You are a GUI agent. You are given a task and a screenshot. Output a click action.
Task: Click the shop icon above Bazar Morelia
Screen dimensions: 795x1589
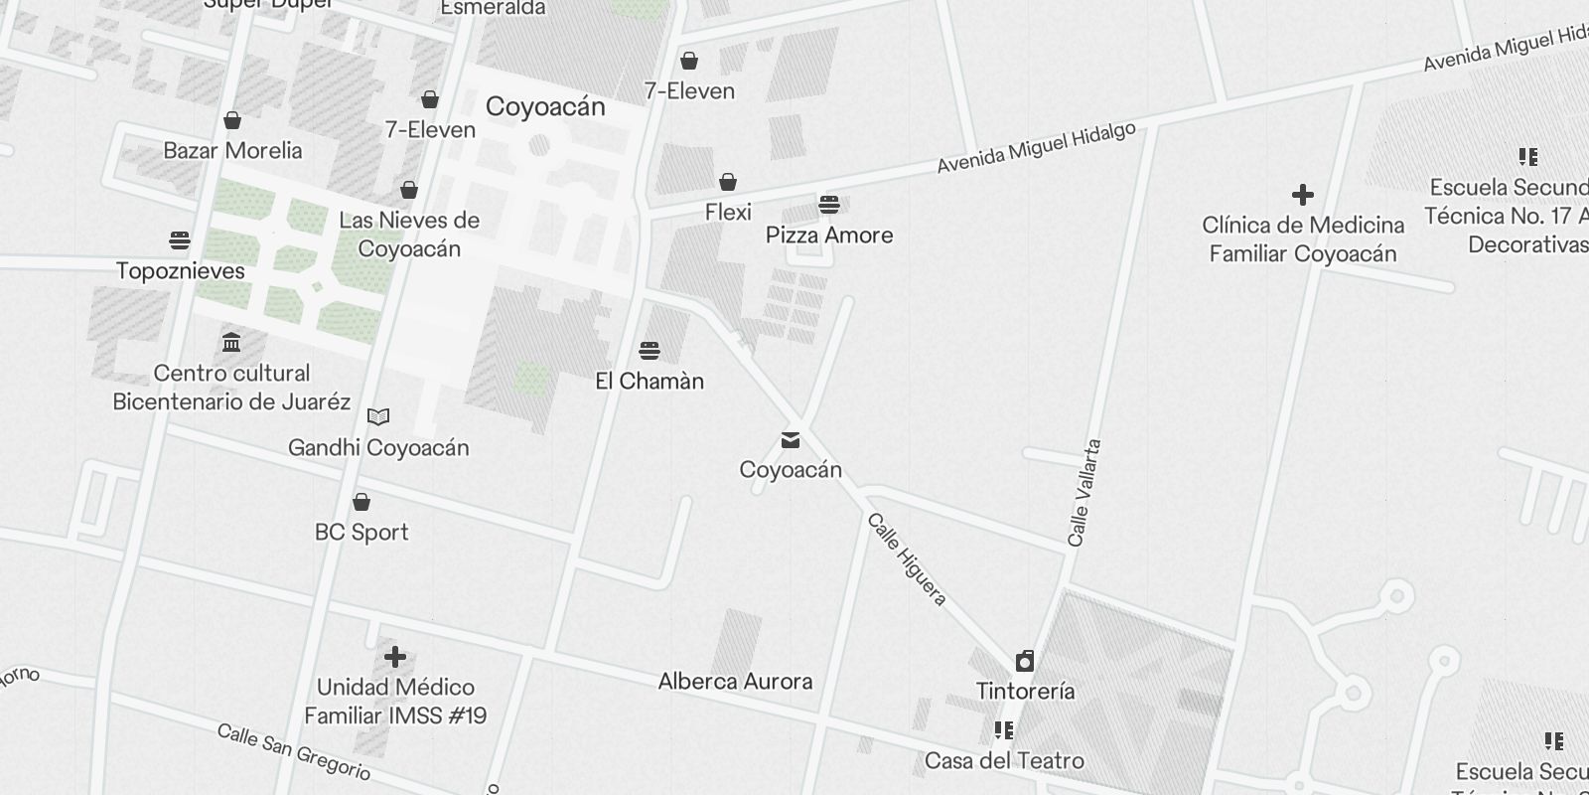(x=232, y=121)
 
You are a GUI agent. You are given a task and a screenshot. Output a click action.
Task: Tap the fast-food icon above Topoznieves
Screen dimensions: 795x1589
(x=180, y=240)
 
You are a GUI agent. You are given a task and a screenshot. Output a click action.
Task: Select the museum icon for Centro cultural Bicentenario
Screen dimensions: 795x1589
(x=231, y=343)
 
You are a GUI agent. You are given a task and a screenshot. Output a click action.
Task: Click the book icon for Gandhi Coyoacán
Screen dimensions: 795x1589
(x=378, y=416)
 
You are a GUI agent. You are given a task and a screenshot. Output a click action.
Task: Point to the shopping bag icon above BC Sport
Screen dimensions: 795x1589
(x=361, y=502)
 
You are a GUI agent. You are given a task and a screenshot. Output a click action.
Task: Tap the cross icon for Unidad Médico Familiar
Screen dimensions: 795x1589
(x=395, y=657)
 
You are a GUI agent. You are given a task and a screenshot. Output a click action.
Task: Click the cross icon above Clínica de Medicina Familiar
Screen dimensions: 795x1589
(x=1302, y=195)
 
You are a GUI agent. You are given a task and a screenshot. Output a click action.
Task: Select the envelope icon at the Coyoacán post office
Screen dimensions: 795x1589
(x=791, y=440)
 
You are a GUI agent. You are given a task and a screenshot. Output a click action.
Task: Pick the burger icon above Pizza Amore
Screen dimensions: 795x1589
(x=829, y=206)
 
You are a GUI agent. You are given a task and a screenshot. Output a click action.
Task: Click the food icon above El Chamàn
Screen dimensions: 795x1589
(x=650, y=351)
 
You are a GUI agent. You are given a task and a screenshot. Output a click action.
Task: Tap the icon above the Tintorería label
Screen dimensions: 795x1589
(x=1025, y=661)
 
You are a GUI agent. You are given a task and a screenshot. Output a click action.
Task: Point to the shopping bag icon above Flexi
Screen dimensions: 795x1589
(x=728, y=182)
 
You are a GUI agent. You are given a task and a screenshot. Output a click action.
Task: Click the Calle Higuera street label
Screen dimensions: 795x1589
(x=907, y=559)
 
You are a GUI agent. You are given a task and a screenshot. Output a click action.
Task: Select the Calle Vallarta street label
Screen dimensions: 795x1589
(x=1083, y=493)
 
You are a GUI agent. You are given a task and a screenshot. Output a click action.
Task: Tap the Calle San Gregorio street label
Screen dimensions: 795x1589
(x=294, y=752)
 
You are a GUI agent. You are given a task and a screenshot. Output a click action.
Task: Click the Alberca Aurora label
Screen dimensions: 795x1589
(x=735, y=682)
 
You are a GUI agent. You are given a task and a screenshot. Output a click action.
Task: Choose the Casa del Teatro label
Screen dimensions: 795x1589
(x=1004, y=761)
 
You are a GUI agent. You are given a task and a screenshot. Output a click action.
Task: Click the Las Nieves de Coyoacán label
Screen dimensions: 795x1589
(x=409, y=235)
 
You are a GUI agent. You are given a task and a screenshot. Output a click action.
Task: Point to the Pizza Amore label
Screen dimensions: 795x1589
(x=829, y=236)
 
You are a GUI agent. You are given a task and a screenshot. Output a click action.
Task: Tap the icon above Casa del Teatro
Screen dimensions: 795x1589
(x=1004, y=731)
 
